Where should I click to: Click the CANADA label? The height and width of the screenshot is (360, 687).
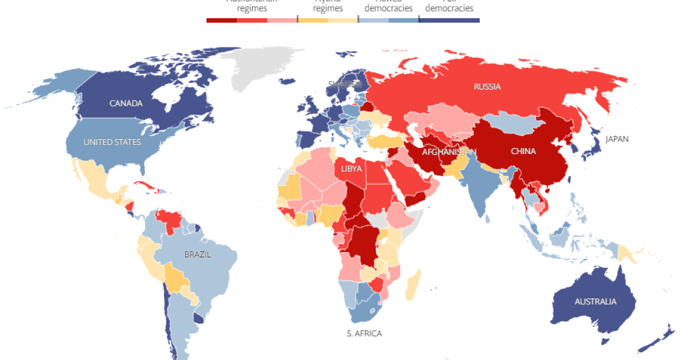click(126, 104)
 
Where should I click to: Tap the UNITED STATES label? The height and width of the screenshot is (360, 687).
click(112, 142)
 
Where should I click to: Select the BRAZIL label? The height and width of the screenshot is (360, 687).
click(197, 255)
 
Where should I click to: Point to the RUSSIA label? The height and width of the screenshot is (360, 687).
click(487, 86)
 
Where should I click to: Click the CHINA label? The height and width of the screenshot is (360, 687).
click(523, 151)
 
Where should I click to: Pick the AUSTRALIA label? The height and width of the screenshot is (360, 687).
click(595, 301)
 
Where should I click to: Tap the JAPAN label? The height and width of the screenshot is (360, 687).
click(616, 139)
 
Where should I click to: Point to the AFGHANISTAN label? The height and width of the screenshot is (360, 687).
click(448, 151)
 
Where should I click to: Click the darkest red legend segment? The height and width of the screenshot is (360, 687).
click(221, 20)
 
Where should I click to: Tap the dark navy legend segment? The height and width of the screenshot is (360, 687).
click(449, 20)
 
